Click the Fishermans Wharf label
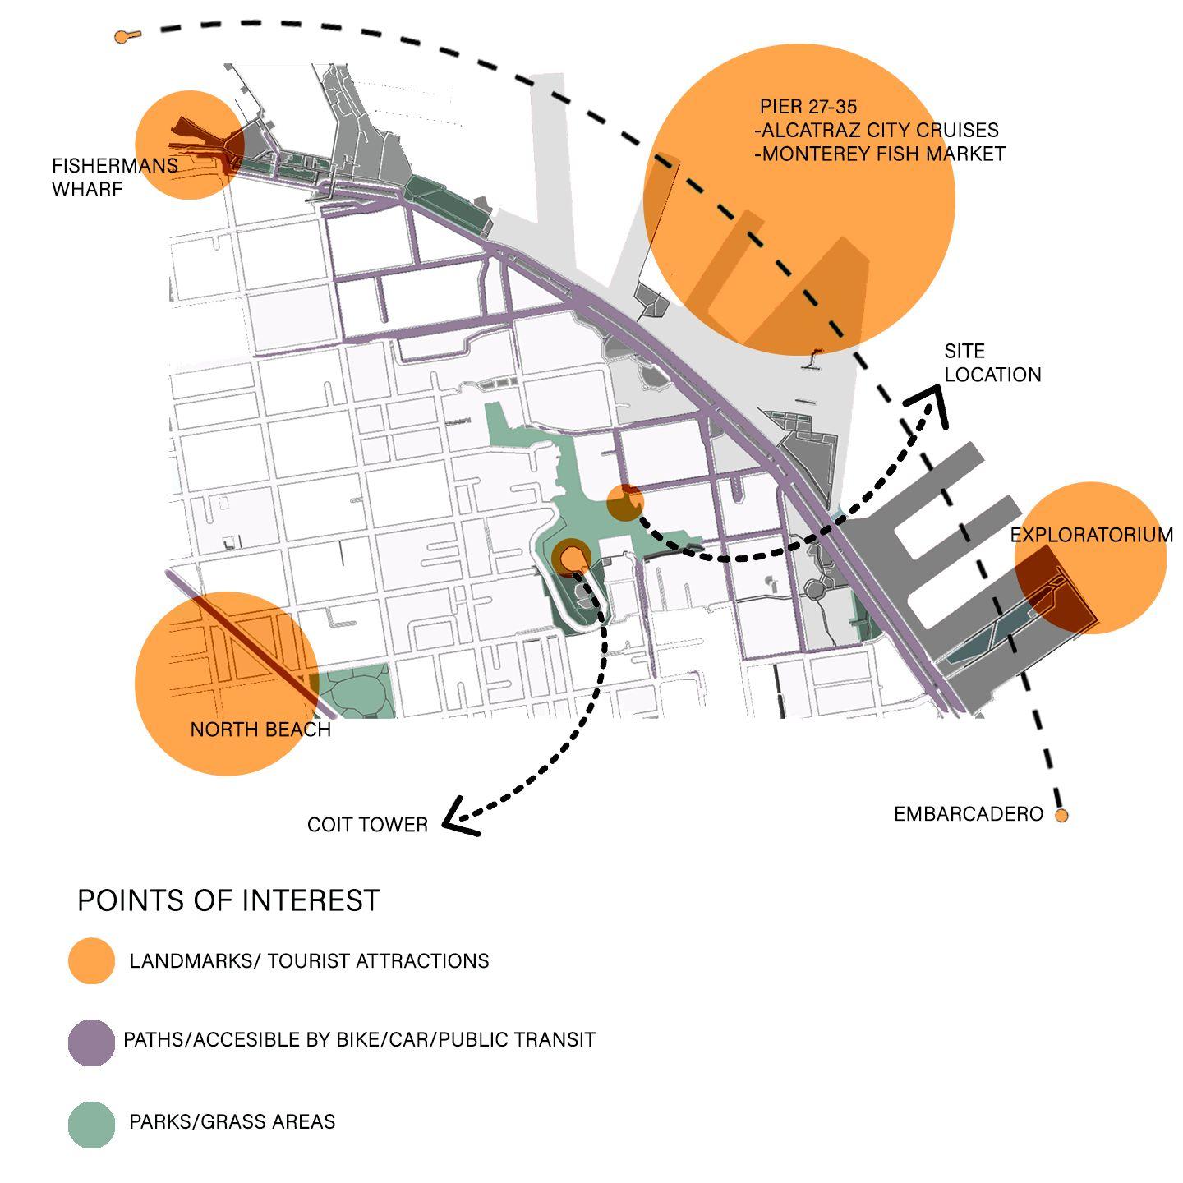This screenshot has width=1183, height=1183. (x=114, y=177)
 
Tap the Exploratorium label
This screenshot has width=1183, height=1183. (x=1091, y=536)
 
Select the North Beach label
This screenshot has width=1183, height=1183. (x=260, y=730)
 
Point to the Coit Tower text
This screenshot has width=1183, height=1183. (x=367, y=825)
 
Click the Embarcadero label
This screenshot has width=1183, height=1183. (x=968, y=814)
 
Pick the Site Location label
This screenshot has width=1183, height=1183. (x=992, y=363)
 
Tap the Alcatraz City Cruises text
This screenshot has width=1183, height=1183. (x=877, y=131)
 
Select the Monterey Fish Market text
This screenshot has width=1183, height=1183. (x=880, y=154)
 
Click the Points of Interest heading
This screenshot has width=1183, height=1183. (x=228, y=900)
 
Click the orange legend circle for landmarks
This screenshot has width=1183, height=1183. (x=91, y=961)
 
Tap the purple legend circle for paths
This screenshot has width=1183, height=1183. (x=91, y=1043)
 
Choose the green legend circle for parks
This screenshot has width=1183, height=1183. (x=91, y=1124)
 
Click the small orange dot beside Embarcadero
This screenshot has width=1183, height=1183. (x=1061, y=816)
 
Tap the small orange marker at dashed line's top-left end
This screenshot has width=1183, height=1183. (x=122, y=37)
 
